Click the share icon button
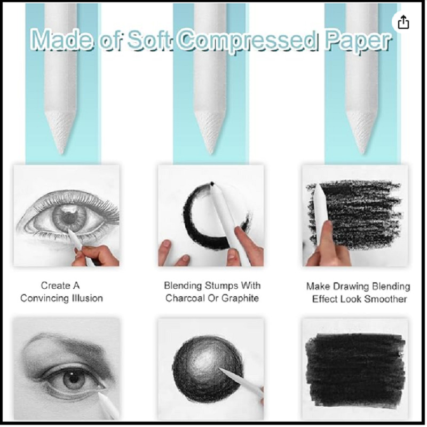(x=404, y=22)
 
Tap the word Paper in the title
(x=358, y=42)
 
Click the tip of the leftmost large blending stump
(x=61, y=153)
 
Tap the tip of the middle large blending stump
(x=210, y=153)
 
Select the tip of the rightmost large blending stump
(x=362, y=153)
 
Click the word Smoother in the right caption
(x=385, y=299)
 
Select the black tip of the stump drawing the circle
(x=212, y=184)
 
